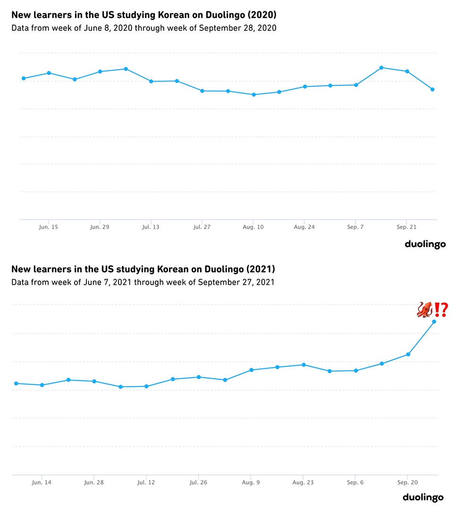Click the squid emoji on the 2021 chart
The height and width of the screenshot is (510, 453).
425,310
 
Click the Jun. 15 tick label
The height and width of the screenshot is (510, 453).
49,227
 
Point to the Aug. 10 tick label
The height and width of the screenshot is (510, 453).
253,227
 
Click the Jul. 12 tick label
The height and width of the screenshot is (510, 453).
146,482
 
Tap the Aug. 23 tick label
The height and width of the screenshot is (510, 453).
303,482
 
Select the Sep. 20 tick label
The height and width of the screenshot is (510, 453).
407,482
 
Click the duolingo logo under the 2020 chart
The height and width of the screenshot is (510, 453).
425,244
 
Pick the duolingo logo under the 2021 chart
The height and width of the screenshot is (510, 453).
423,497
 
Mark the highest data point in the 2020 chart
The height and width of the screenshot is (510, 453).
381,68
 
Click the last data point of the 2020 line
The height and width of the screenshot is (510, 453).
432,89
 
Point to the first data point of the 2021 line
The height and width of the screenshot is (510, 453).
16,383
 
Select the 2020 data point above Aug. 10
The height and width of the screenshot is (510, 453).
254,94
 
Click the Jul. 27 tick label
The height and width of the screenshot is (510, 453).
202,227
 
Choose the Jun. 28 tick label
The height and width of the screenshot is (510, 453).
94,482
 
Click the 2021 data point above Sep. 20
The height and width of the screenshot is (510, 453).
408,354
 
